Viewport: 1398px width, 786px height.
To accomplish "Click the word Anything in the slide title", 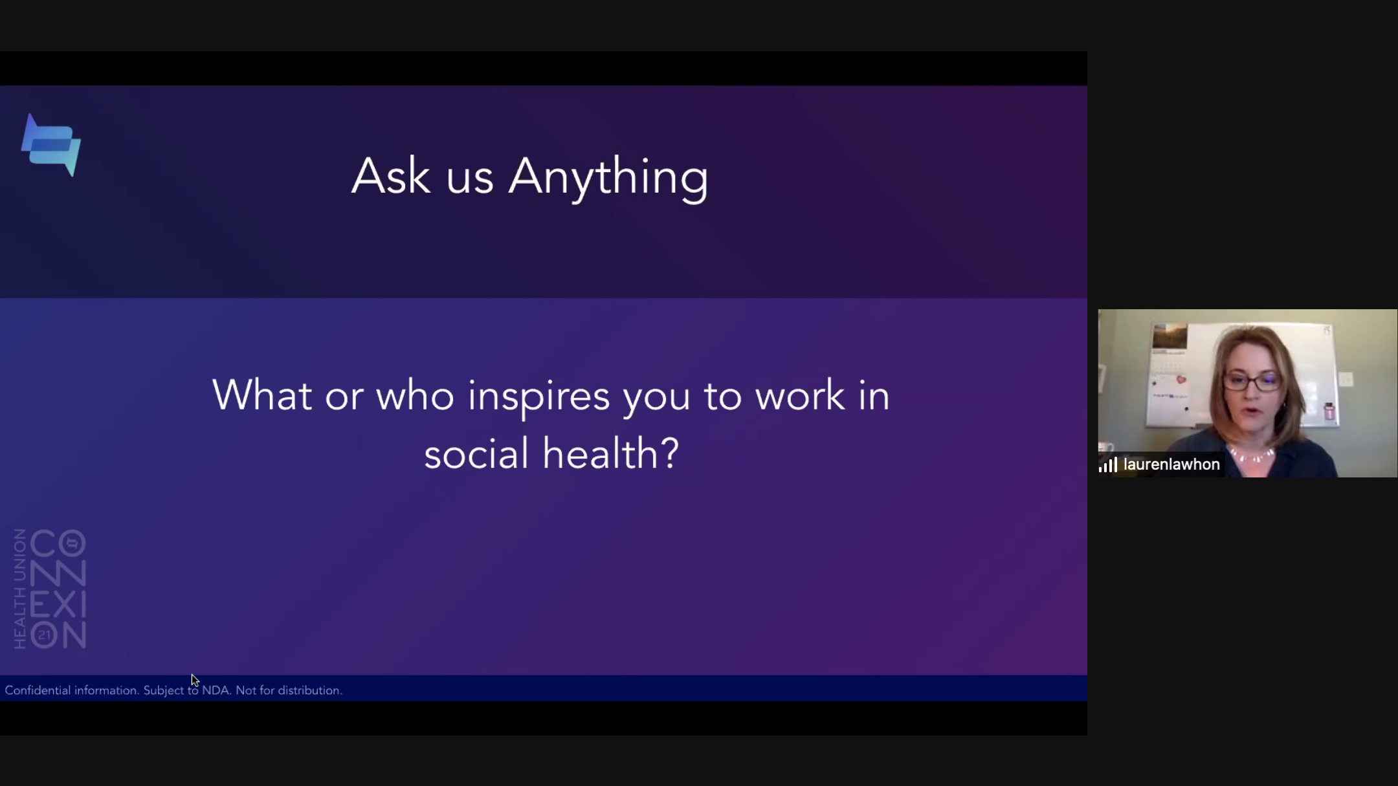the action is click(x=608, y=177).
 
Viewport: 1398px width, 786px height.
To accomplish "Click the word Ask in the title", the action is click(x=391, y=175).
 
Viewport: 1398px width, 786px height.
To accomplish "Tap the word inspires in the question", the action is click(x=538, y=397).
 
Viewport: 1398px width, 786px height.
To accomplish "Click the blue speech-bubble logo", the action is click(x=51, y=145).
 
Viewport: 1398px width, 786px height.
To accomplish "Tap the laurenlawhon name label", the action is click(x=1171, y=464).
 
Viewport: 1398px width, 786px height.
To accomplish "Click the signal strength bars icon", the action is click(x=1108, y=464).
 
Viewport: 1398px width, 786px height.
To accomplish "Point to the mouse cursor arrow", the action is click(x=195, y=681).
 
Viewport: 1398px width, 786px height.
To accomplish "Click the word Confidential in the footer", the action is click(x=38, y=690).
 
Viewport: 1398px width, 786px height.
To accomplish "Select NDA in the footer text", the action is click(x=216, y=690).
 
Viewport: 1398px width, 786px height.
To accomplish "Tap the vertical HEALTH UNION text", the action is click(x=20, y=589).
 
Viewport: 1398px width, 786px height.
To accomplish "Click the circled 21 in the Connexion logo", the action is click(x=44, y=635).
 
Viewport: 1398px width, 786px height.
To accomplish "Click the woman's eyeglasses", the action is click(x=1252, y=382).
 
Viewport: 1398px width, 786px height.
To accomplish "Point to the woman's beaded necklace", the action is click(x=1252, y=455).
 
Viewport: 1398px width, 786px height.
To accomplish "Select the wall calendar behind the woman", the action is click(x=1170, y=373).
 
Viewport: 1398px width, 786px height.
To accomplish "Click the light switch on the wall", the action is click(x=1346, y=379).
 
